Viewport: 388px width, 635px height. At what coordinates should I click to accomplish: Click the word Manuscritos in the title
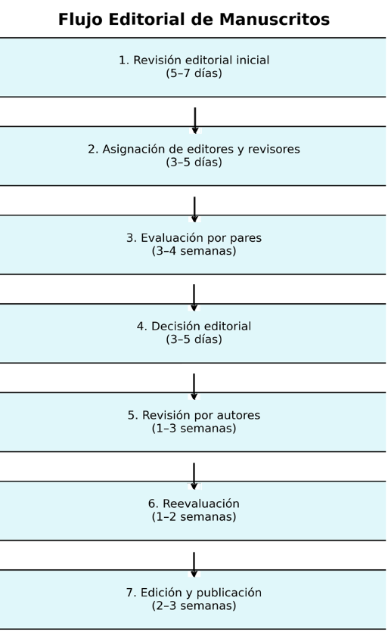pyautogui.click(x=275, y=20)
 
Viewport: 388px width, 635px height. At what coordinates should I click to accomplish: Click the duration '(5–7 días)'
pyautogui.click(x=194, y=73)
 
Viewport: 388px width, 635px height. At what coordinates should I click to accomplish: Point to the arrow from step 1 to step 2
pyautogui.click(x=195, y=120)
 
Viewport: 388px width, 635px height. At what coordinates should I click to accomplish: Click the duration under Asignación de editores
pyautogui.click(x=194, y=162)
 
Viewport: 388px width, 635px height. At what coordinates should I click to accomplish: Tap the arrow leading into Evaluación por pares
pyautogui.click(x=194, y=209)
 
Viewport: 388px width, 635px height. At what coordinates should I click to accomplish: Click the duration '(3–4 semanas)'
pyautogui.click(x=194, y=251)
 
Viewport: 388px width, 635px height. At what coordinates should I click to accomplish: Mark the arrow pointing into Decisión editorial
pyautogui.click(x=194, y=298)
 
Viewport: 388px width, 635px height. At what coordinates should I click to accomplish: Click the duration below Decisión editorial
pyautogui.click(x=194, y=339)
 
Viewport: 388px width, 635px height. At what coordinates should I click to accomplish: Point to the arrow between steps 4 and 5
pyautogui.click(x=194, y=387)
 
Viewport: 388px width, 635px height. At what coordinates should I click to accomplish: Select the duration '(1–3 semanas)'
pyautogui.click(x=194, y=428)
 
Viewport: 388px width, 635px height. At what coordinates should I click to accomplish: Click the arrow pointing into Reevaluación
pyautogui.click(x=194, y=476)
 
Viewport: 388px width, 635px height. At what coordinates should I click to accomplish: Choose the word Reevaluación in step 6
pyautogui.click(x=201, y=503)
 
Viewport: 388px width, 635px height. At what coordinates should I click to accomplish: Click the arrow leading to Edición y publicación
pyautogui.click(x=194, y=565)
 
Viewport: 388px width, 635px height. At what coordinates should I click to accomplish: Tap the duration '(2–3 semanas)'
pyautogui.click(x=194, y=606)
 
